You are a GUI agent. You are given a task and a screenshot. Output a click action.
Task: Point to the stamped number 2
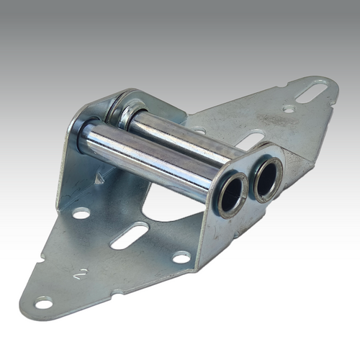pos(84,274)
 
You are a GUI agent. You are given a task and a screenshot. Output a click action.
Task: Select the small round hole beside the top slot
pos(289,109)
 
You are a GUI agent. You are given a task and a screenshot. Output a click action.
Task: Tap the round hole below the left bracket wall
pos(81,213)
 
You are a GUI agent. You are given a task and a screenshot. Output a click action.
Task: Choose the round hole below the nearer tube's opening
pos(181,256)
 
